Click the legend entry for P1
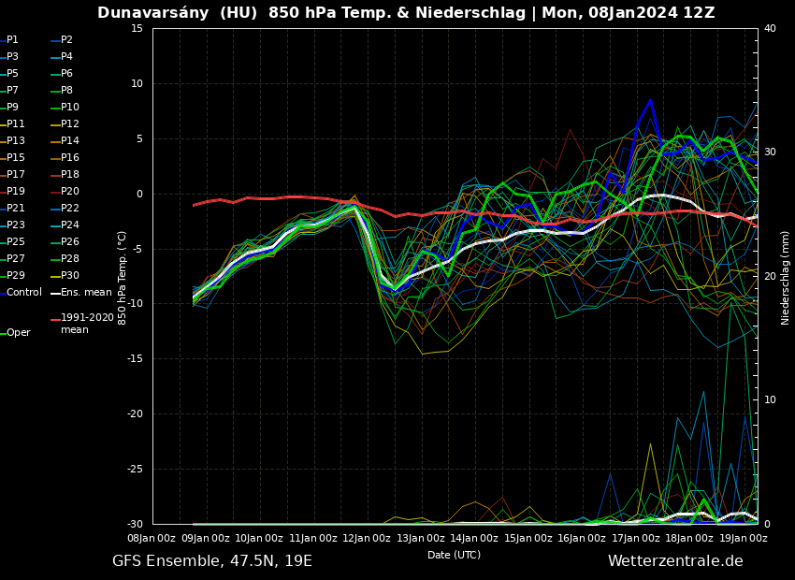pos(12,40)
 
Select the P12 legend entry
pos(69,124)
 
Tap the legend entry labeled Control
pos(23,293)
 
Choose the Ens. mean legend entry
pos(85,293)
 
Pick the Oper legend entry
pos(18,333)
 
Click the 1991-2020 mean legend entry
pos(87,324)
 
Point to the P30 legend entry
pos(69,276)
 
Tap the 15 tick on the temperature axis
pos(137,29)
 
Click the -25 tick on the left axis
pos(134,470)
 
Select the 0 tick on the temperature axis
pos(139,195)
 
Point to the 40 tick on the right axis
pos(770,29)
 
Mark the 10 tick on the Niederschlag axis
pos(770,400)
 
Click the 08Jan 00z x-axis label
pos(152,538)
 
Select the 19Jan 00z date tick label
pos(744,538)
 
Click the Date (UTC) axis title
pos(454,555)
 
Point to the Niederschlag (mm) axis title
pos(786,277)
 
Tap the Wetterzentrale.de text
pos(675,561)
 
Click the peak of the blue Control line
pos(650,99)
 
